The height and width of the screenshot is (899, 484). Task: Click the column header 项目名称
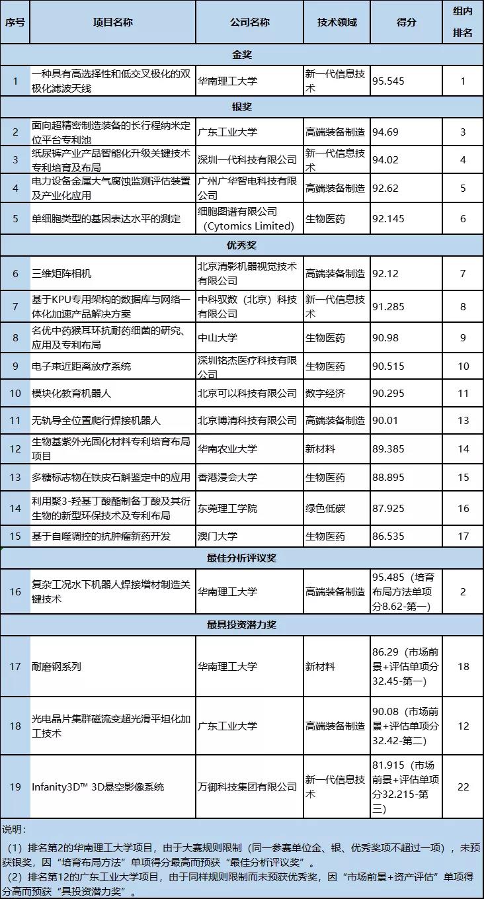coord(113,22)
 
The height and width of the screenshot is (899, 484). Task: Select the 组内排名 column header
coord(462,22)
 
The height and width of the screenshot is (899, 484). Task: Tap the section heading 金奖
coord(242,54)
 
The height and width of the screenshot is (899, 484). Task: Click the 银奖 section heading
coord(242,107)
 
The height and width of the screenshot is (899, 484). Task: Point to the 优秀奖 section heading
coord(242,245)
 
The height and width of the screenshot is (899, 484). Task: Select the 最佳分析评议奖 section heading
coord(242,558)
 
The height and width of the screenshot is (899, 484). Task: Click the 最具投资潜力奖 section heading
coord(242,624)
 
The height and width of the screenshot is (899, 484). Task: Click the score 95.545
coord(388,81)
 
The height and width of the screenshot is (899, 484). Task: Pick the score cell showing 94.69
coord(385,132)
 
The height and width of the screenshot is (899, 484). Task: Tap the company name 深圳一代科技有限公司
coord(247,159)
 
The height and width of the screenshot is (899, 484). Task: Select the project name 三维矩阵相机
coord(61,273)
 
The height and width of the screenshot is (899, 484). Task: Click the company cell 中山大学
coord(218,337)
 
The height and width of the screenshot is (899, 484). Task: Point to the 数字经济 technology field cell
coord(325,393)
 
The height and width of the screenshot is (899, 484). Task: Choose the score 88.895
coord(388,477)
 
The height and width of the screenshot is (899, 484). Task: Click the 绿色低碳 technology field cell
coord(325,508)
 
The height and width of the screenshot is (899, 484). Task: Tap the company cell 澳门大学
coord(218,536)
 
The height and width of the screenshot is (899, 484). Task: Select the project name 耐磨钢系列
coord(56,666)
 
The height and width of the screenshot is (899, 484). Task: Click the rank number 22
coord(463,787)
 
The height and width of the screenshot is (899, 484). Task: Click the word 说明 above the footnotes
coord(14,829)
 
